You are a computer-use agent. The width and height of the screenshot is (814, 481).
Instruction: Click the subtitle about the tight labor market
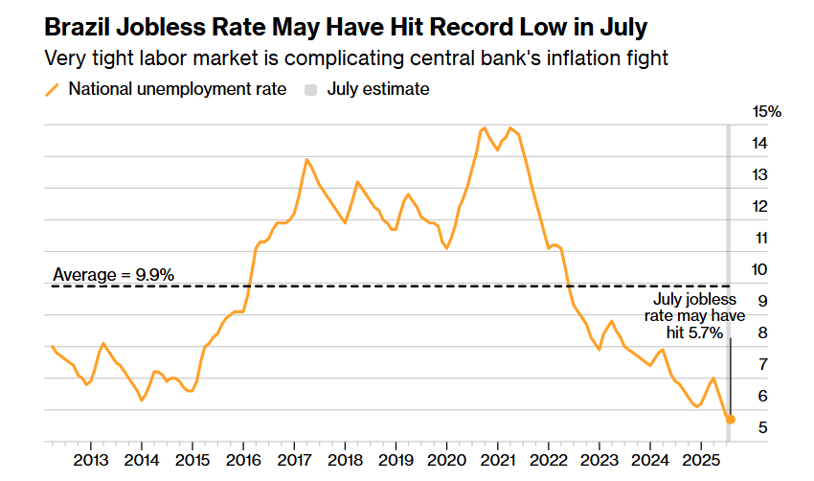click(356, 57)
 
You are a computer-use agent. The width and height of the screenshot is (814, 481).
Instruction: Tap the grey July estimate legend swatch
click(310, 90)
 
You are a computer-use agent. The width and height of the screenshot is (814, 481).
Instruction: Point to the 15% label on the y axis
click(767, 112)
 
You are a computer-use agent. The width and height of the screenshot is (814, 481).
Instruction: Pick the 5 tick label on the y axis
click(762, 427)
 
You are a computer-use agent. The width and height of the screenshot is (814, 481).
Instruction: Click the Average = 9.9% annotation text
click(113, 275)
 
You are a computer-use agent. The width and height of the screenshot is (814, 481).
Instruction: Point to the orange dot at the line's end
click(731, 420)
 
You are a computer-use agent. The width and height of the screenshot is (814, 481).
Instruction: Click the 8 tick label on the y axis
click(762, 332)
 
